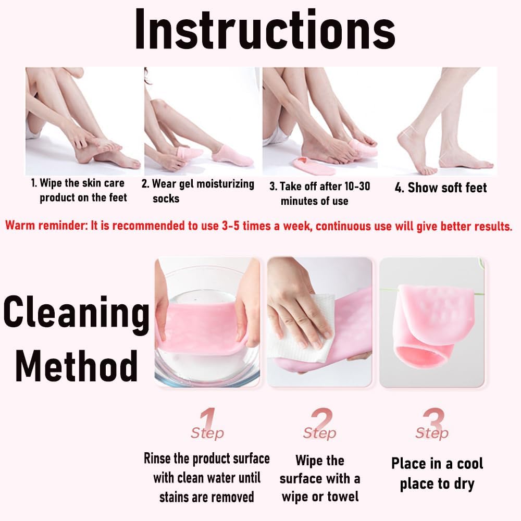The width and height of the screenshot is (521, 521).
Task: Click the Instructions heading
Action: tap(265, 30)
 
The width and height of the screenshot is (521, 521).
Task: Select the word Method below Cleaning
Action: tap(77, 366)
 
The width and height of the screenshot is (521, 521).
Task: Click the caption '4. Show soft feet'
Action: tap(441, 188)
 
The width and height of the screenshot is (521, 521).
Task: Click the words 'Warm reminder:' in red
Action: tap(46, 226)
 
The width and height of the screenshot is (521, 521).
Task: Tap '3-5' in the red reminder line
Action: tap(231, 226)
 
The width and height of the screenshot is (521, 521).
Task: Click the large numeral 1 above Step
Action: tap(208, 419)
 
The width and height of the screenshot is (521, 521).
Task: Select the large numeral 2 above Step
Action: tap(321, 419)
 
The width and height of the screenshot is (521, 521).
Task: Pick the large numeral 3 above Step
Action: tap(433, 419)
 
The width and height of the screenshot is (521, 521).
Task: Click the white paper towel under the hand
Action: tap(300, 332)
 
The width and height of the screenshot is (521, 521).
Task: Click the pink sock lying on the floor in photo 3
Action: tap(314, 166)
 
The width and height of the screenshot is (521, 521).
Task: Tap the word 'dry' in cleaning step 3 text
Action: tap(464, 485)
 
